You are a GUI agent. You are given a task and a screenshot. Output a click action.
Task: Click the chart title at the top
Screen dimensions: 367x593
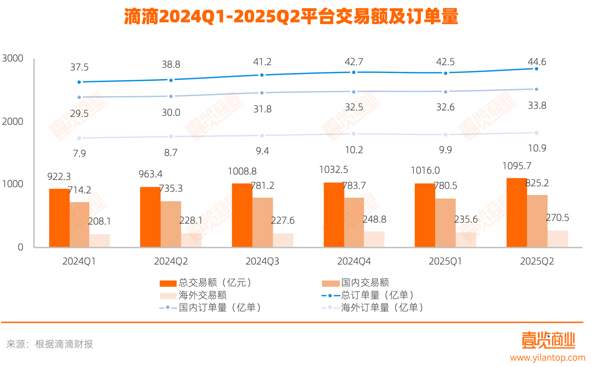click(291, 17)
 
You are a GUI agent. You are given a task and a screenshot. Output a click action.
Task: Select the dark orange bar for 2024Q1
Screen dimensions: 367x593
click(59, 218)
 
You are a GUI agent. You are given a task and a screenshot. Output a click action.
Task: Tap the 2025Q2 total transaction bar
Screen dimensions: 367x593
click(517, 213)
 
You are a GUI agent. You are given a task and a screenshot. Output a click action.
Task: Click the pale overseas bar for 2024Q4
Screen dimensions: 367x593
click(374, 239)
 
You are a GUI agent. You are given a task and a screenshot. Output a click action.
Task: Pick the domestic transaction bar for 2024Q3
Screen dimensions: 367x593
click(262, 222)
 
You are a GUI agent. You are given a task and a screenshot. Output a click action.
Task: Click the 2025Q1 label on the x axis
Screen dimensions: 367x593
click(445, 262)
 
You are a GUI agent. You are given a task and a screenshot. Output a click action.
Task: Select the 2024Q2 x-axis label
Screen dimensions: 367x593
click(171, 262)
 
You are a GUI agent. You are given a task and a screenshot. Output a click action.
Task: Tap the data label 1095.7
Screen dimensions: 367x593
click(517, 166)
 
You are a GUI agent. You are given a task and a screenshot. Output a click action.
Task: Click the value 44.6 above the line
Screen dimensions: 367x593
click(537, 62)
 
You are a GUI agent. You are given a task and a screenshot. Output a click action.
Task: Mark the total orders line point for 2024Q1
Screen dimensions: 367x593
click(79, 82)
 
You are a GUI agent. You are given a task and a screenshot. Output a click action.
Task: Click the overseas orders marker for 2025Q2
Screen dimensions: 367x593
click(537, 133)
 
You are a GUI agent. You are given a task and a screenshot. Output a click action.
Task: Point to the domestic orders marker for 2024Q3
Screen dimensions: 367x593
click(262, 93)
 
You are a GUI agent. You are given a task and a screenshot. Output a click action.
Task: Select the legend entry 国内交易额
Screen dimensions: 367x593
click(365, 283)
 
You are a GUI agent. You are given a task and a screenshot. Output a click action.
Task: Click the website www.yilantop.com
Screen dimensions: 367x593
click(547, 358)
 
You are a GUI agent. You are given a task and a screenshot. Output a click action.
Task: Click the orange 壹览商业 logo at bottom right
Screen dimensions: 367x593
click(548, 340)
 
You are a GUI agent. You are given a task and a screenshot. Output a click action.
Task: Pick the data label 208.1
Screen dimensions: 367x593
click(99, 222)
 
